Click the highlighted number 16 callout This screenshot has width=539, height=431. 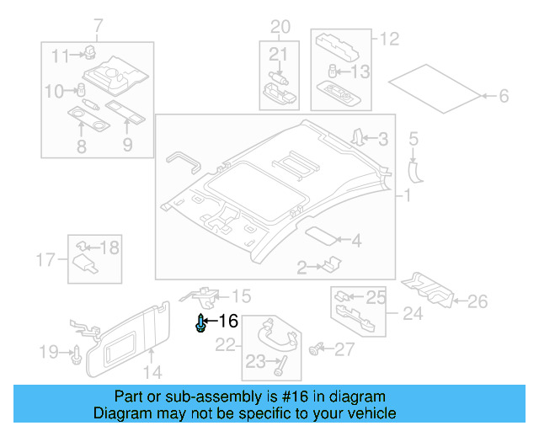tap(228, 321)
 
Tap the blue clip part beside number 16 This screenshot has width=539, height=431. tap(200, 323)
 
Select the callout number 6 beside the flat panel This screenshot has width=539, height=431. tap(503, 97)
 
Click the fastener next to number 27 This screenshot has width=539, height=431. tap(318, 348)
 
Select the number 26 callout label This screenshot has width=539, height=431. tap(477, 301)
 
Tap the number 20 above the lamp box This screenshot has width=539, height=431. tap(279, 27)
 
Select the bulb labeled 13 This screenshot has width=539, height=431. tap(334, 72)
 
